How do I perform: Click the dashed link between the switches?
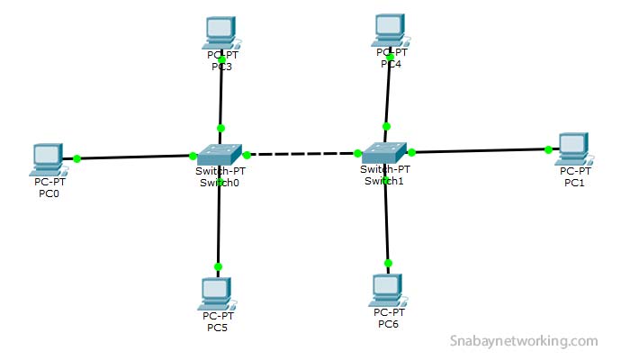point(301,154)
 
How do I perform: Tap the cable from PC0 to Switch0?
point(135,157)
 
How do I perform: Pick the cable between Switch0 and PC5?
point(219,225)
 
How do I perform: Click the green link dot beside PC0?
point(77,158)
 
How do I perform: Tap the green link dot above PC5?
point(218,266)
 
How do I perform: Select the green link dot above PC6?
point(388,263)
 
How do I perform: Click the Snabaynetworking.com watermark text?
point(523,341)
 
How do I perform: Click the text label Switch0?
point(220,183)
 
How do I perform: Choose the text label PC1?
point(574,183)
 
